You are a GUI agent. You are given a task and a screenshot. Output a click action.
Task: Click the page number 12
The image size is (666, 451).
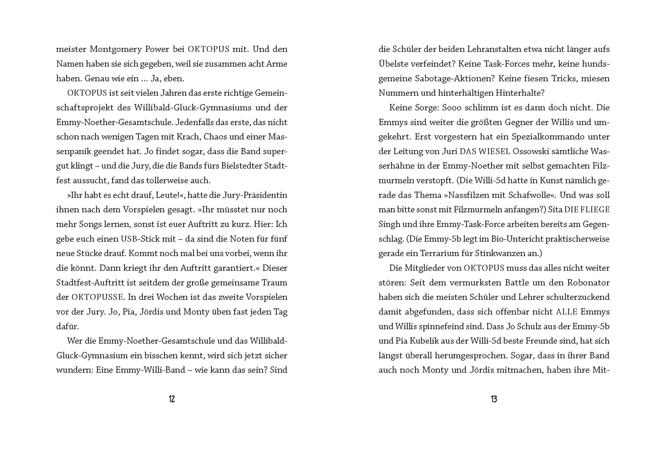coord(172,399)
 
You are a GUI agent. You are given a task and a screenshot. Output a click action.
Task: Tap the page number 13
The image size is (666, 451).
coord(494,399)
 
